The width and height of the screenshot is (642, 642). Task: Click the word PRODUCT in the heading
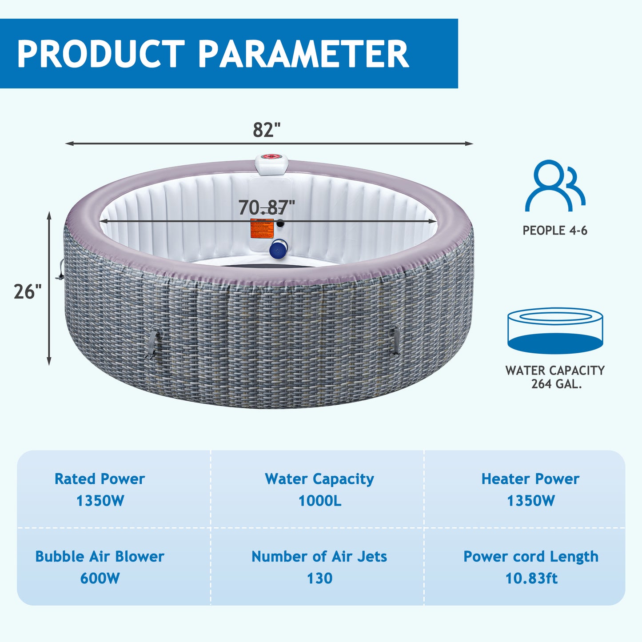click(100, 54)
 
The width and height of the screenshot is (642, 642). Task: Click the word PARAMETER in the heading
click(303, 54)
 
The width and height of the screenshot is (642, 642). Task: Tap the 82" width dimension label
click(267, 130)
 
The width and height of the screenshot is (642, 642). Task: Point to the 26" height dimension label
click(28, 291)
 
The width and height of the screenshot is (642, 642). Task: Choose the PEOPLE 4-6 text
click(555, 231)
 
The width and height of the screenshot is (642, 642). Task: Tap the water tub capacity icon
click(555, 331)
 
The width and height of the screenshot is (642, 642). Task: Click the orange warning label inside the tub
click(262, 228)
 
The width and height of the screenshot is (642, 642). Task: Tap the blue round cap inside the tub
click(279, 249)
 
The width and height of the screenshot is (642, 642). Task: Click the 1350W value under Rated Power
click(100, 501)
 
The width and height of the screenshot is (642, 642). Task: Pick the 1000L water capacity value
click(319, 501)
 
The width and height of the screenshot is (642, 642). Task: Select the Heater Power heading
click(530, 479)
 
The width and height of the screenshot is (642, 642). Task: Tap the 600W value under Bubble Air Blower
click(100, 578)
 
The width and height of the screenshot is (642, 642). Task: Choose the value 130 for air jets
click(319, 578)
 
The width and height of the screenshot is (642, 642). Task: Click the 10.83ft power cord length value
click(531, 578)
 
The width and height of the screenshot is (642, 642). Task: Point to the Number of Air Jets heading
click(319, 556)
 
